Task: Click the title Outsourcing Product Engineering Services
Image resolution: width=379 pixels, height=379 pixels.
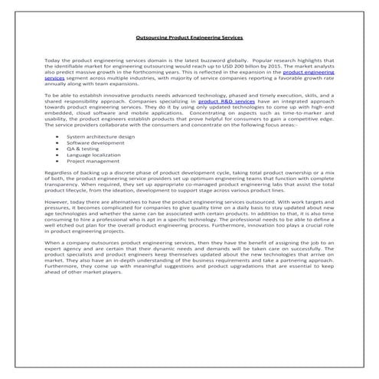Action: click(x=188, y=36)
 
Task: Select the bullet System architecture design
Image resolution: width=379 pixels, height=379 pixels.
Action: click(x=100, y=136)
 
